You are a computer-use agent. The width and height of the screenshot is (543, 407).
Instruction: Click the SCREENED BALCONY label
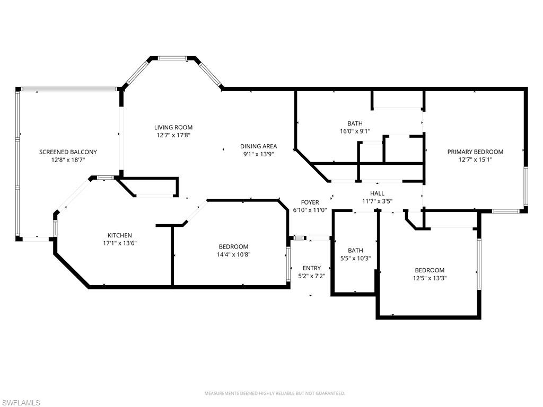click(x=68, y=152)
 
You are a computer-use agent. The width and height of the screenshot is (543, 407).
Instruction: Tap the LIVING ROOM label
click(x=173, y=127)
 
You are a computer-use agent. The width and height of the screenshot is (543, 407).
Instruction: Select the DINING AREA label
click(x=258, y=146)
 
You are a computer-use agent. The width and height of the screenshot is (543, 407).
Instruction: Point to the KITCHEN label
click(x=119, y=235)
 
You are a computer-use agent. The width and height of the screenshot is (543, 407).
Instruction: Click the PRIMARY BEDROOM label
click(x=475, y=152)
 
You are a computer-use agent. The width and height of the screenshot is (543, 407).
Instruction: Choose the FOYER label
click(x=310, y=202)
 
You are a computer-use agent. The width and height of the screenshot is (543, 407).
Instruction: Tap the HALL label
click(x=377, y=193)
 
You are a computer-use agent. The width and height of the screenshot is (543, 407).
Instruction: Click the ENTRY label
click(x=312, y=268)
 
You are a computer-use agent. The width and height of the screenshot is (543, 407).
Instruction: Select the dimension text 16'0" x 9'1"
click(x=355, y=131)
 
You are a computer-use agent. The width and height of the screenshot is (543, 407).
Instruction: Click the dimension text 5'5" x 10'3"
click(x=355, y=258)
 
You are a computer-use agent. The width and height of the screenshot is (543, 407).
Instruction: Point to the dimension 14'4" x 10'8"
click(x=233, y=254)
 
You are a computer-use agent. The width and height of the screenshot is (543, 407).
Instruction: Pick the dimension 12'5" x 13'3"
click(x=430, y=278)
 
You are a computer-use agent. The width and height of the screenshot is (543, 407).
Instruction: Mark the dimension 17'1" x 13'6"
click(x=120, y=243)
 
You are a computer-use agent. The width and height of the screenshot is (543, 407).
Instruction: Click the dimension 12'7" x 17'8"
click(x=173, y=135)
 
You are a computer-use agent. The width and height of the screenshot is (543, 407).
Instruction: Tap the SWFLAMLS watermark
click(x=20, y=403)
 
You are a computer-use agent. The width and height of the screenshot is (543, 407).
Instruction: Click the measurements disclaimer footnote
click(x=275, y=394)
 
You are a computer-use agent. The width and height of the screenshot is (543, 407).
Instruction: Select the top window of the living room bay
click(x=173, y=58)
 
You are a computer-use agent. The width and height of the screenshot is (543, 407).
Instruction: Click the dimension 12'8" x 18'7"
click(x=68, y=160)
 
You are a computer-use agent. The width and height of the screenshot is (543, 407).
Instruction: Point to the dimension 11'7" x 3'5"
click(x=377, y=201)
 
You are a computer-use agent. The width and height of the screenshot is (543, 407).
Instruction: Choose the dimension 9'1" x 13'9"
click(x=259, y=154)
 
